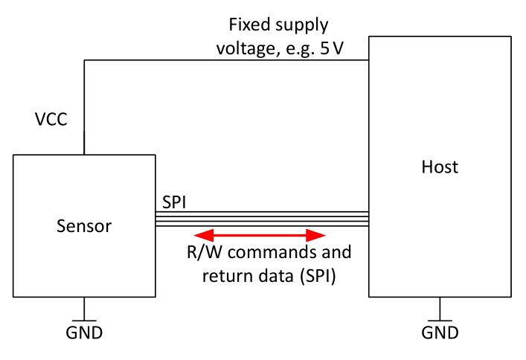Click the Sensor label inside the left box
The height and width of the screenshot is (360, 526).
(x=83, y=225)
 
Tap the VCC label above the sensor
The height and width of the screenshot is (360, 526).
(x=51, y=119)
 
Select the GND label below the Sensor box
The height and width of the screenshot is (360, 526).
(x=83, y=332)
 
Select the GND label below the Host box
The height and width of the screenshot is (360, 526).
(x=439, y=332)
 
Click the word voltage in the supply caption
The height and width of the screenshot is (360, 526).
(x=242, y=48)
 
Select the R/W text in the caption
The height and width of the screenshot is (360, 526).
(x=200, y=252)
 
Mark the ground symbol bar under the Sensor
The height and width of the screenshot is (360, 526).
(x=83, y=318)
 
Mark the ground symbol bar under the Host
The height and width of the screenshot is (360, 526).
(x=439, y=318)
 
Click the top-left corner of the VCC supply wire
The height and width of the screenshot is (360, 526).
(x=84, y=61)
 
